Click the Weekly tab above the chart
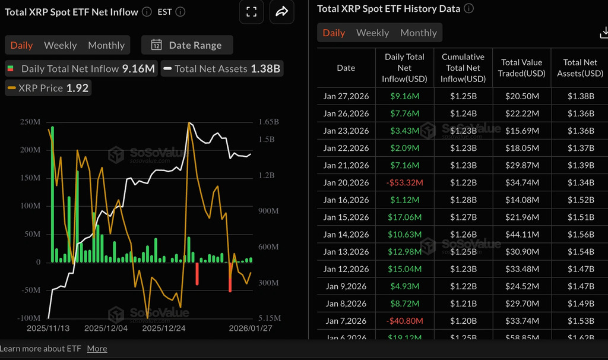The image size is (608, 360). click(60, 45)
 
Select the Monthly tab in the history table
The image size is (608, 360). click(418, 33)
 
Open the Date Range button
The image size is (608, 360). click(187, 45)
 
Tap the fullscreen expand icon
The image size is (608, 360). click(251, 12)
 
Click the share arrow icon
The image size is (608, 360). click(281, 12)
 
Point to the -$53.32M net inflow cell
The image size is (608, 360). click(404, 182)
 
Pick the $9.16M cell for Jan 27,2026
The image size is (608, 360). click(404, 96)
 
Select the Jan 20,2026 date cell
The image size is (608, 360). click(346, 182)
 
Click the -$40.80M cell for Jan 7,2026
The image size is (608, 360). click(404, 321)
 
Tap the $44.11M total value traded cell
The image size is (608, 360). click(522, 234)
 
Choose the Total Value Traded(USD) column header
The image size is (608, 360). click(522, 68)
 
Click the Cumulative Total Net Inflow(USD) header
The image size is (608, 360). click(463, 68)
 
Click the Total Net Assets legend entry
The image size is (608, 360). click(221, 69)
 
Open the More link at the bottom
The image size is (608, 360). click(97, 349)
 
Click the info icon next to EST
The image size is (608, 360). click(180, 12)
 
